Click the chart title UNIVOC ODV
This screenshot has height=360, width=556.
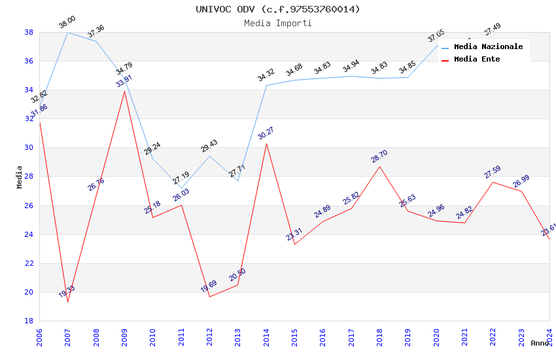pos(278,9)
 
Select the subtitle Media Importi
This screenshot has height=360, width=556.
pos(278,23)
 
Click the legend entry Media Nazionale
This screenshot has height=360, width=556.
pos(488,47)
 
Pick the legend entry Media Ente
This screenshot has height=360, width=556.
pos(477,60)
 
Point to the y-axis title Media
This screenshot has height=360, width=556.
pos(19,176)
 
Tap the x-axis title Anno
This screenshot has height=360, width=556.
pos(540,343)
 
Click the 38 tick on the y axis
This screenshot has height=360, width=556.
pos(29,32)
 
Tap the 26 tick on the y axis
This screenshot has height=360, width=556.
pos(29,206)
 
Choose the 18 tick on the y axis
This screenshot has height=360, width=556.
pos(29,321)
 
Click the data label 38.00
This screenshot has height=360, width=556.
pos(67,22)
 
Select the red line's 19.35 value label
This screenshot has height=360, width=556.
pos(67,291)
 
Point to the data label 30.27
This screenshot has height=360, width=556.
pos(266,133)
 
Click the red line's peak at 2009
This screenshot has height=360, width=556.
pos(124,91)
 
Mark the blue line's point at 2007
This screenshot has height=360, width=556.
pos(67,32)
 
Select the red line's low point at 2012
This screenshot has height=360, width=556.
pos(209,297)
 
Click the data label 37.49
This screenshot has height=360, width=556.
pos(492,29)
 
